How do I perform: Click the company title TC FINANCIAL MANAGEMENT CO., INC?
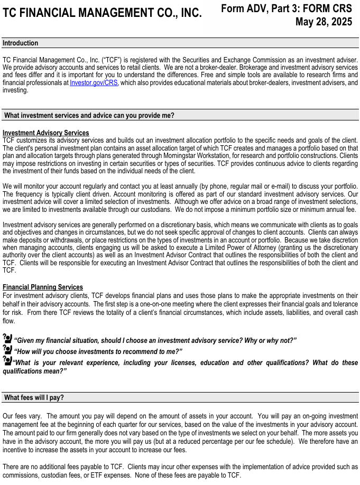[102, 14]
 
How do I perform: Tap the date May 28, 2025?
[324, 22]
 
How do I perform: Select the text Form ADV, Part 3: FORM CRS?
[287, 8]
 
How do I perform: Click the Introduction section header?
[21, 43]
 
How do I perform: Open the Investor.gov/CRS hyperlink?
[94, 83]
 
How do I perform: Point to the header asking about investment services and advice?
[89, 115]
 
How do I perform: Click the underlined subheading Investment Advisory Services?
[46, 133]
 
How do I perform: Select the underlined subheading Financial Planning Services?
[43, 287]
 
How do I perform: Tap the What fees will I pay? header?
[34, 397]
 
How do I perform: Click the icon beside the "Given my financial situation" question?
[7, 339]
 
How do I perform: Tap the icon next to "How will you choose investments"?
[7, 350]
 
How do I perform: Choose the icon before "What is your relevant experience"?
[7, 361]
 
